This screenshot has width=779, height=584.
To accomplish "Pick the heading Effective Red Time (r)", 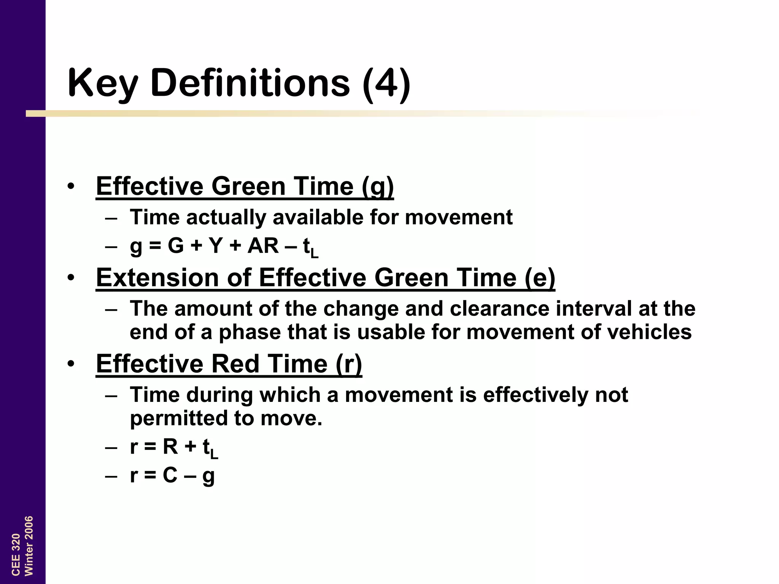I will pos(229,364).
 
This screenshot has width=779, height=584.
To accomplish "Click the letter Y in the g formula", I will pos(216,246).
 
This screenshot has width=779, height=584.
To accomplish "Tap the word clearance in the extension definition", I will pos(499,308).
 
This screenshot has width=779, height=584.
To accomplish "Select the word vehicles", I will pos(649,332).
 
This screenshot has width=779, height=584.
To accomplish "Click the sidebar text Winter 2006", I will pos(29,546).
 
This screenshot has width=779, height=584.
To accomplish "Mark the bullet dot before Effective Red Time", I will pos(71,364).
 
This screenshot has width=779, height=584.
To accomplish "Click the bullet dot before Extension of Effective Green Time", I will pos(71,278).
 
